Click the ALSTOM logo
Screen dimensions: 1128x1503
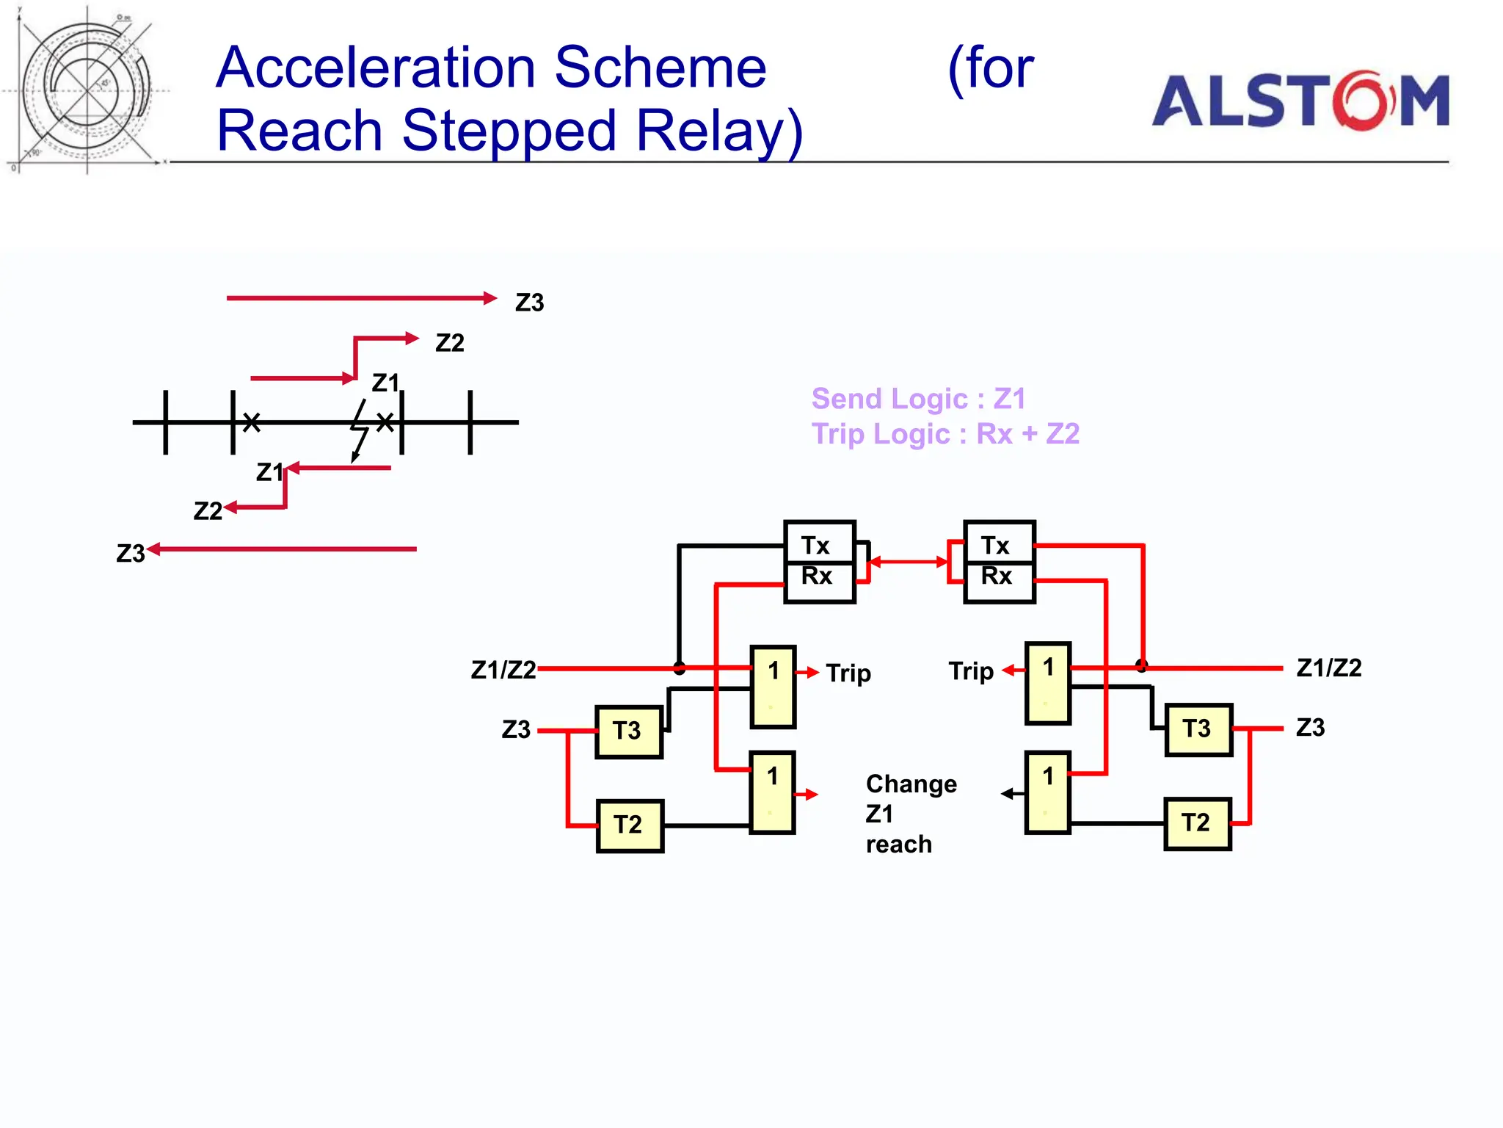point(1300,101)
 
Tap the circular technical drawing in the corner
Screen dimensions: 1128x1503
point(87,90)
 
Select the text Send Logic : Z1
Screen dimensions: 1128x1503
point(917,399)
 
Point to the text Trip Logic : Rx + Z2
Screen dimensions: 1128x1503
point(945,434)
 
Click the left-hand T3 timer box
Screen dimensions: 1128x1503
point(628,731)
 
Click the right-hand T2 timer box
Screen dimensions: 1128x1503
point(1197,823)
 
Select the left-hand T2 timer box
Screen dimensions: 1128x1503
point(629,825)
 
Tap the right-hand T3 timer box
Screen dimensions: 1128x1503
point(1198,728)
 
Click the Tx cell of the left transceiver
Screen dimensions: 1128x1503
point(818,544)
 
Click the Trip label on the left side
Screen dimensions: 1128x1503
point(848,673)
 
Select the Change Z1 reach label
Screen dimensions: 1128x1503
point(910,814)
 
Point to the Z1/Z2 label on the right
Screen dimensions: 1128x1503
point(1328,668)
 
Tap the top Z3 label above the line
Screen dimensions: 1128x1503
point(529,303)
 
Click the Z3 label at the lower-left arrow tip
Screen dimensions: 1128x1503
point(130,553)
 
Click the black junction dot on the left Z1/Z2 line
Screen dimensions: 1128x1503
point(680,668)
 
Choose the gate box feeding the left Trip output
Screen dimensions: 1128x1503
point(772,687)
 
